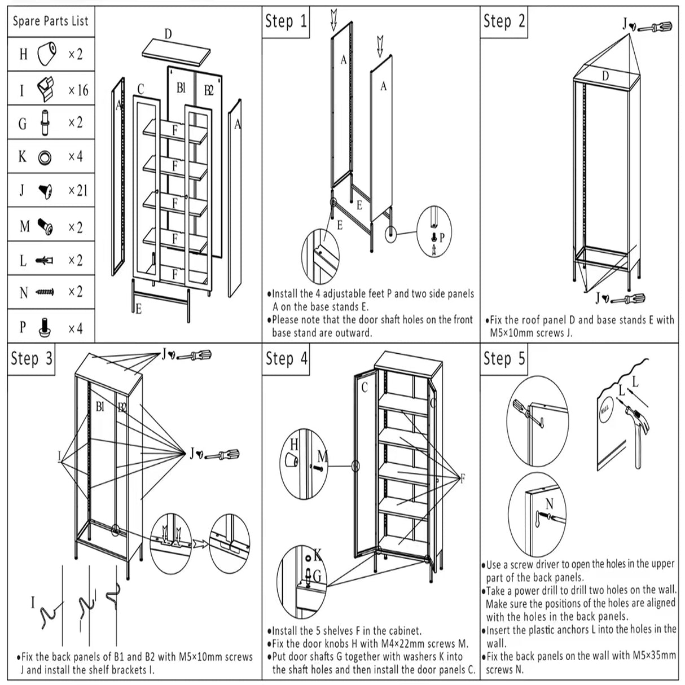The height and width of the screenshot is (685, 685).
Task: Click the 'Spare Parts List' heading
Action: (x=51, y=21)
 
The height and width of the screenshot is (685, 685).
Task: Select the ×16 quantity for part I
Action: (x=78, y=90)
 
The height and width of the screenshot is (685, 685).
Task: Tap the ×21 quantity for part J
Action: (x=78, y=191)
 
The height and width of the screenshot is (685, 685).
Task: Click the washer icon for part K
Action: (x=45, y=157)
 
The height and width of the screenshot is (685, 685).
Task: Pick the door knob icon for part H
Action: (x=46, y=54)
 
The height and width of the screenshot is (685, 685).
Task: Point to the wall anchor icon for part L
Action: (x=44, y=260)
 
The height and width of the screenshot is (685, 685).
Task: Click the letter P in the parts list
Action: (x=23, y=327)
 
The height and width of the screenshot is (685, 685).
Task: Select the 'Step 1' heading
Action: (x=286, y=21)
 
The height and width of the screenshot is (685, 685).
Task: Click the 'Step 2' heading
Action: (x=504, y=21)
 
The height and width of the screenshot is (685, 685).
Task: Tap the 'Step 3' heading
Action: (x=32, y=358)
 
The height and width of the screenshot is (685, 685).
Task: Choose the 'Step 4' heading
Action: (x=287, y=358)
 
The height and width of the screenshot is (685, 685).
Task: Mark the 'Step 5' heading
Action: (x=504, y=358)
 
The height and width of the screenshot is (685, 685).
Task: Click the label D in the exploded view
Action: (x=168, y=34)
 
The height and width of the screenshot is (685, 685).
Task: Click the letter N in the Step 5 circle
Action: (x=550, y=504)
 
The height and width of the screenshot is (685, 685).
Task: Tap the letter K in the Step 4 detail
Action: (x=318, y=555)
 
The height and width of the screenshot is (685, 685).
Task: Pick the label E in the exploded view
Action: (x=138, y=309)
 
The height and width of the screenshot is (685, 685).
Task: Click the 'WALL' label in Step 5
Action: (x=605, y=410)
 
